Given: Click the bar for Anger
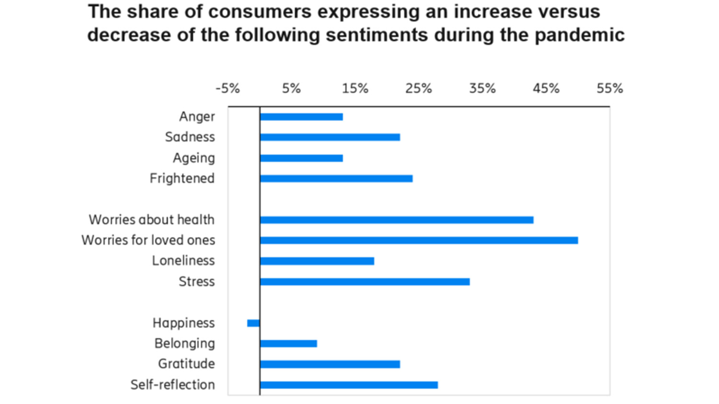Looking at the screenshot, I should point(301,117).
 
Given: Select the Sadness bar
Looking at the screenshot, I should point(330,137).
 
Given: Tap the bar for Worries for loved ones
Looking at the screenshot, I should point(418,240).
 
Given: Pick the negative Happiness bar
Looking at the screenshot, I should point(253,323).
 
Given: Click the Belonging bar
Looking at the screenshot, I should point(288,344).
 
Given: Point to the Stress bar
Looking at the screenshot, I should point(364,282).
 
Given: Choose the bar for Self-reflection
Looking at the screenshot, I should point(348,385).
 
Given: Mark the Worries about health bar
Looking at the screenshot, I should point(396,220).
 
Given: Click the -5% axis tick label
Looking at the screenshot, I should point(227,89).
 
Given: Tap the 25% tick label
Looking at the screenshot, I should point(418,89).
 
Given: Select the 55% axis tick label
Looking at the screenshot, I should point(609,89).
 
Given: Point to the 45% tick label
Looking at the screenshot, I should point(546,89).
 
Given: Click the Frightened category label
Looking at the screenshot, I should point(182,179).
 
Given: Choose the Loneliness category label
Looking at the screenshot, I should point(183,261).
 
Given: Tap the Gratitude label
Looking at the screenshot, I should point(186,364).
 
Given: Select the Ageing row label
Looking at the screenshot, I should point(194,158).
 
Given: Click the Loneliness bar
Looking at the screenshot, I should point(317,261).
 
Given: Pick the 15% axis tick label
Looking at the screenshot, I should point(355,89).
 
